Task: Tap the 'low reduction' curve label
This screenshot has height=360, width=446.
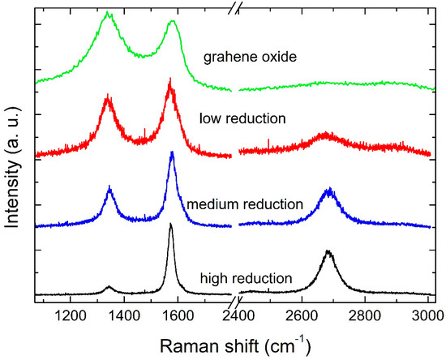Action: pyautogui.click(x=242, y=118)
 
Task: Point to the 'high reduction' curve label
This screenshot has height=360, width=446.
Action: pyautogui.click(x=246, y=279)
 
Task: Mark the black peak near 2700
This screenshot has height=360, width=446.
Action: pyautogui.click(x=328, y=252)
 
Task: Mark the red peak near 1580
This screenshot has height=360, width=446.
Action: pyautogui.click(x=169, y=80)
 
